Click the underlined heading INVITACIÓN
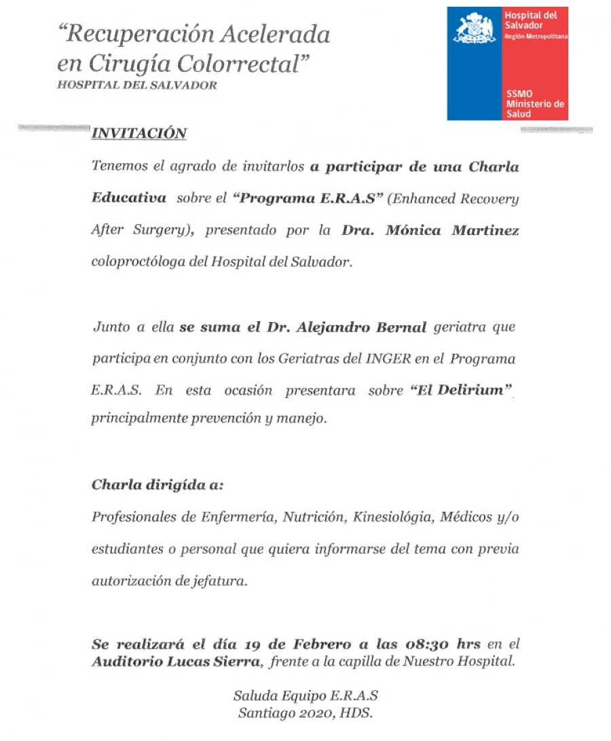pyautogui.click(x=138, y=133)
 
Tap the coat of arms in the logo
pyautogui.click(x=474, y=29)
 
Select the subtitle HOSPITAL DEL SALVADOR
pyautogui.click(x=137, y=86)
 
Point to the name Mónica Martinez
pyautogui.click(x=452, y=230)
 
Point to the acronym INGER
pyautogui.click(x=388, y=359)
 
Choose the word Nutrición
pyautogui.click(x=312, y=518)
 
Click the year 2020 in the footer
pyautogui.click(x=314, y=712)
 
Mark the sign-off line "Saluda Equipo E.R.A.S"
pyautogui.click(x=305, y=696)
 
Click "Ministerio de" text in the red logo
pyautogui.click(x=536, y=104)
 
